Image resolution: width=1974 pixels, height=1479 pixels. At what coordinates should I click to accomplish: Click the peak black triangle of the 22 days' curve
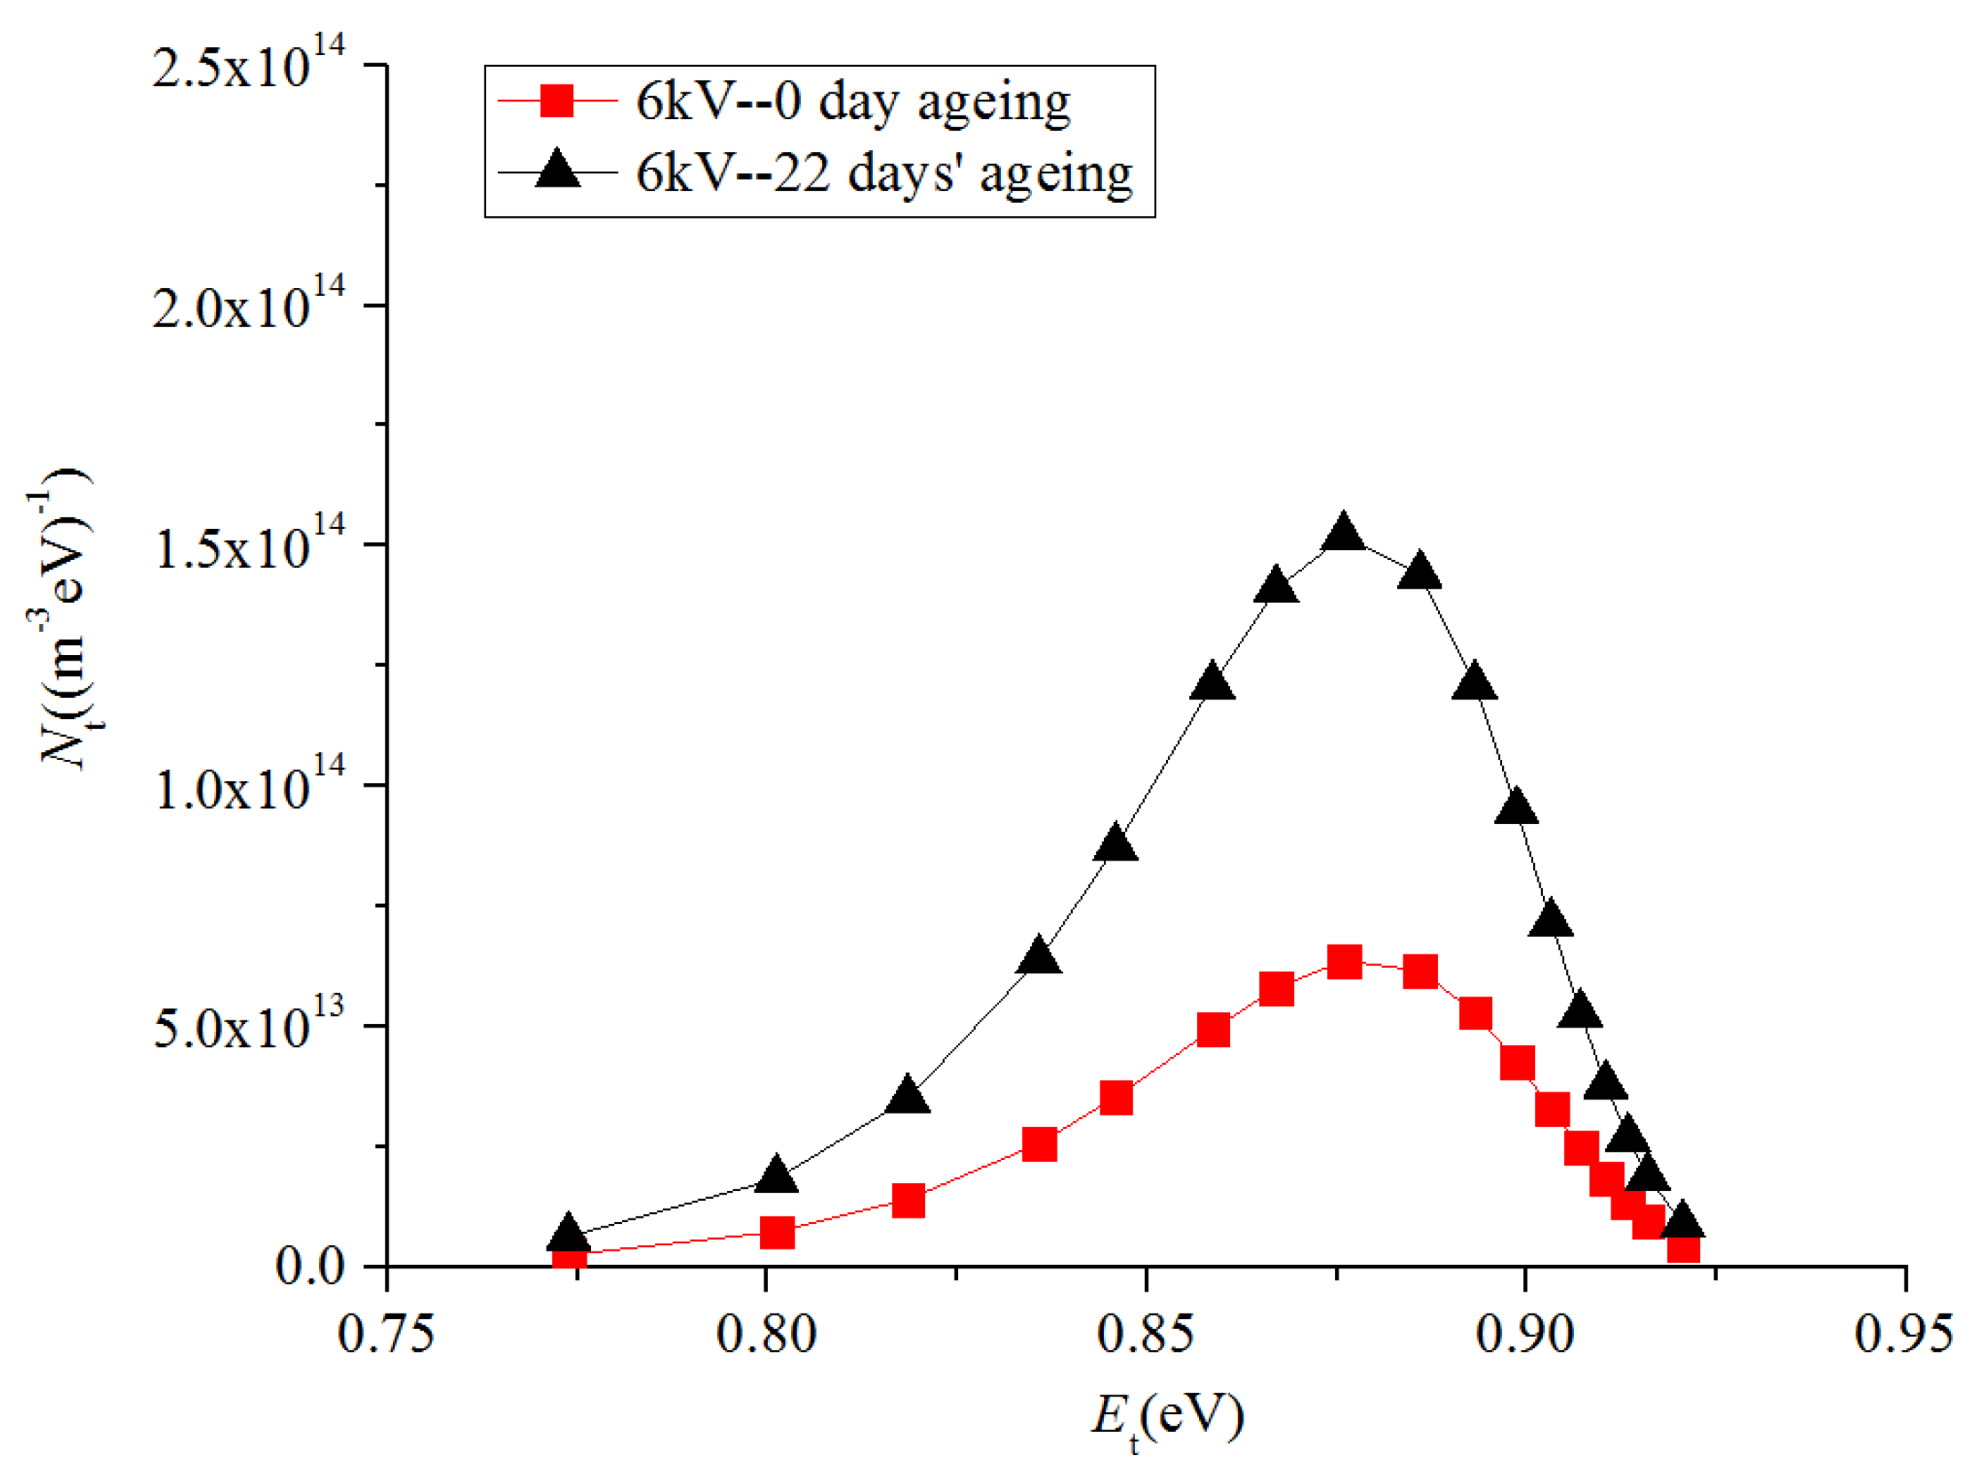click(x=1344, y=535)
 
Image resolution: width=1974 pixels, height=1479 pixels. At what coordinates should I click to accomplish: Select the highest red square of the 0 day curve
click(x=1344, y=963)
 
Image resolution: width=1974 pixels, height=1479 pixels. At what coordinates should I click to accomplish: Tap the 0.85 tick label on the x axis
click(x=1145, y=1335)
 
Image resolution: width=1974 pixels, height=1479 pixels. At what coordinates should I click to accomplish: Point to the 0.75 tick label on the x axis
click(x=387, y=1335)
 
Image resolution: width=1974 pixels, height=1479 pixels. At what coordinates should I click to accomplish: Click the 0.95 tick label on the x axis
click(x=1904, y=1335)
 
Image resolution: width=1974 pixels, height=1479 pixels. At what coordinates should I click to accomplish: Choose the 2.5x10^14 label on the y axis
click(x=248, y=64)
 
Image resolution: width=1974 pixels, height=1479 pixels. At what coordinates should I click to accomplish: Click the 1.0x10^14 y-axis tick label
click(x=248, y=786)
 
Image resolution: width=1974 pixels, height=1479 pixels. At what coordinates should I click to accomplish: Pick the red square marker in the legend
click(x=557, y=100)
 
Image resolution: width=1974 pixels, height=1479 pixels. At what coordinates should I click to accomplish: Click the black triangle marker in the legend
click(x=557, y=170)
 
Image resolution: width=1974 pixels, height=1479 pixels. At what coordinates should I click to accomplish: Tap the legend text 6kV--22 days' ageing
click(x=883, y=172)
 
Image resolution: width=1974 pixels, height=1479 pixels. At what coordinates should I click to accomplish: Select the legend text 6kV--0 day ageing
click(x=852, y=101)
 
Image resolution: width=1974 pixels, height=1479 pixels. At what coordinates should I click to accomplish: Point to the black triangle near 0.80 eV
click(x=776, y=1176)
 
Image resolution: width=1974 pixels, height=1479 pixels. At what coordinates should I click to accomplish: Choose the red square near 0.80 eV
click(x=778, y=1233)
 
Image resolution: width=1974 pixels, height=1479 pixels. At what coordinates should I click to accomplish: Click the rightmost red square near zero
click(x=1683, y=1247)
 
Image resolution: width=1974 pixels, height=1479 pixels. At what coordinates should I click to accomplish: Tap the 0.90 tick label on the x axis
click(x=1524, y=1335)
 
